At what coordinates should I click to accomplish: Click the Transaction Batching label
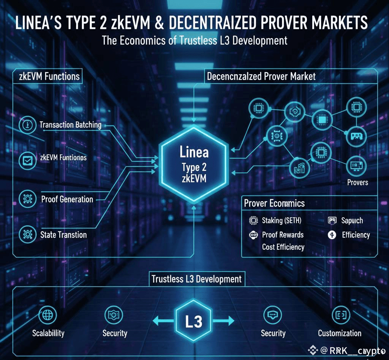(x=70, y=125)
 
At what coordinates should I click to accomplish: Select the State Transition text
(x=63, y=235)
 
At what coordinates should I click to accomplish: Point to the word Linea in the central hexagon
(x=194, y=152)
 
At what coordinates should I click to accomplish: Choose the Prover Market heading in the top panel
(x=261, y=76)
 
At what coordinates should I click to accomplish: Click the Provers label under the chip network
(x=357, y=182)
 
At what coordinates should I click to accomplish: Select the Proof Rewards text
(x=283, y=235)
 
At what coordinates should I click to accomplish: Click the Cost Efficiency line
(x=283, y=247)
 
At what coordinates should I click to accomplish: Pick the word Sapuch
(x=352, y=220)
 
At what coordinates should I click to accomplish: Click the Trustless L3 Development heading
(x=196, y=279)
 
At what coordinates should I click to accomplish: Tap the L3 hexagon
(x=194, y=322)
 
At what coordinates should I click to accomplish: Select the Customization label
(x=340, y=333)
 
